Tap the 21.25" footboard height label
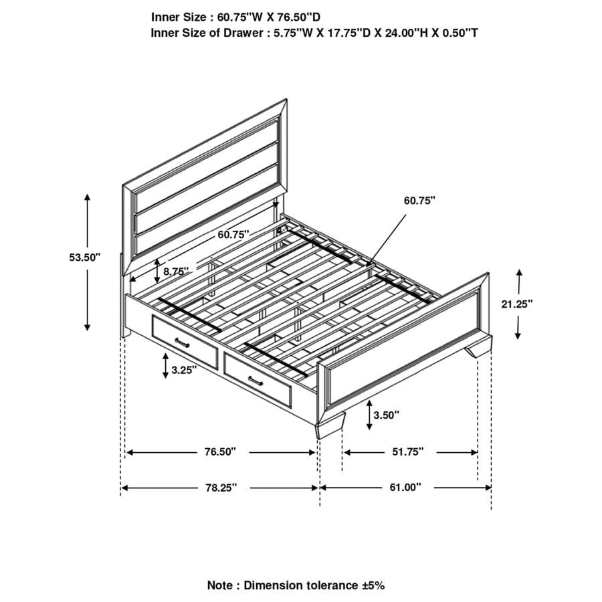click(516, 304)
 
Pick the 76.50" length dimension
click(221, 452)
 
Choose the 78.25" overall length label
click(221, 488)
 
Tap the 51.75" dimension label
click(409, 452)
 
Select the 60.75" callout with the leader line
click(419, 200)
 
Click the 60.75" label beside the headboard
click(233, 234)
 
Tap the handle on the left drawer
click(183, 343)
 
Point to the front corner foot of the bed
click(330, 429)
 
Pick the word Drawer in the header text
click(233, 32)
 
